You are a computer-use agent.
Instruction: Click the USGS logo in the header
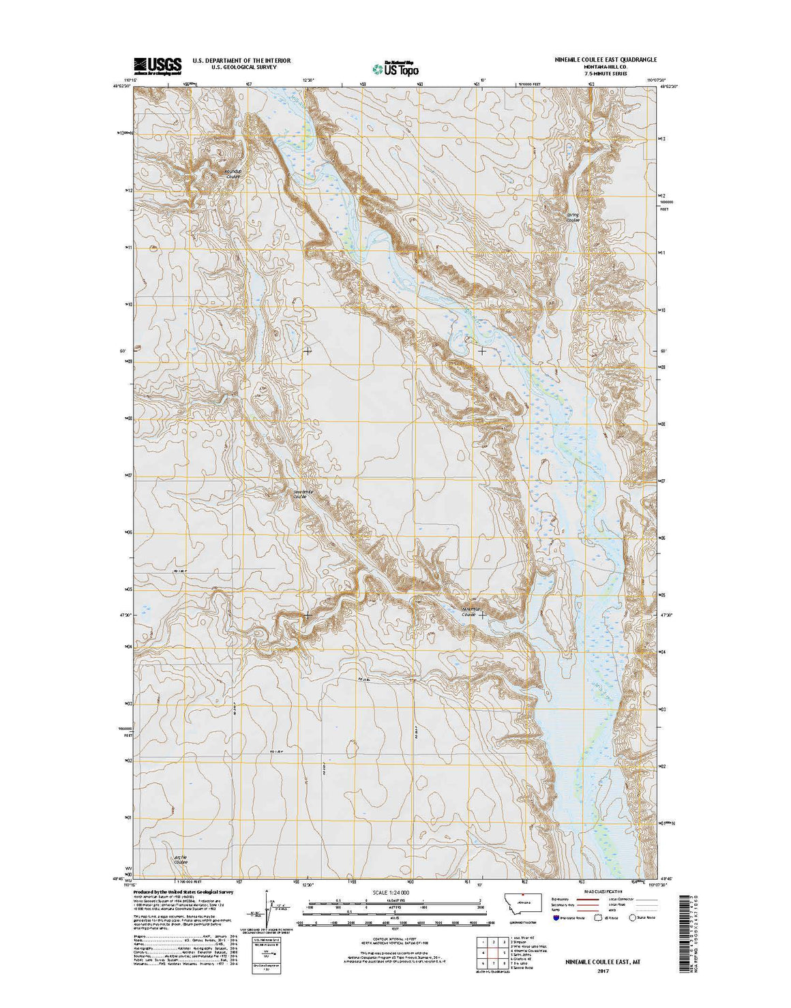pos(158,65)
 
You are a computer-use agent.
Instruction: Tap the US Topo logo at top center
pos(395,67)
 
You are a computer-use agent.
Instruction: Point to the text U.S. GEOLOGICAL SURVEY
pos(241,67)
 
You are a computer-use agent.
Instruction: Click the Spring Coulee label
pos(573,217)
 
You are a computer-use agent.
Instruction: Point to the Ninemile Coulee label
pos(471,611)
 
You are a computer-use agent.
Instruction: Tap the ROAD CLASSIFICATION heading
pos(602,891)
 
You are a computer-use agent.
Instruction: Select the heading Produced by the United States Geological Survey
pos(183,891)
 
